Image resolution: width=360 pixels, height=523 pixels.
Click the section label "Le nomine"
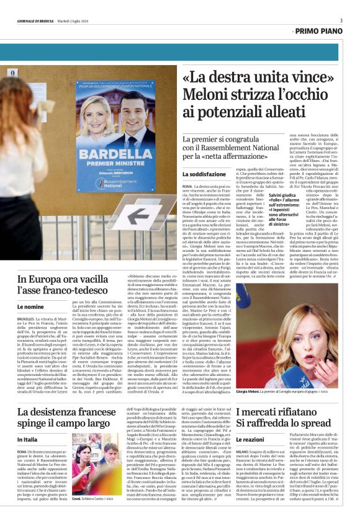tap(30, 306)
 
